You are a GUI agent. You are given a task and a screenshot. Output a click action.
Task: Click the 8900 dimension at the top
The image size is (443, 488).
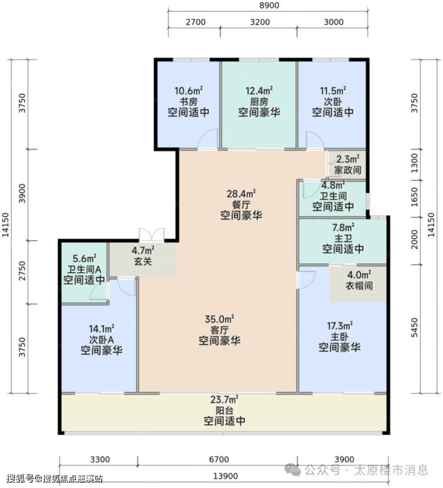point(269,5)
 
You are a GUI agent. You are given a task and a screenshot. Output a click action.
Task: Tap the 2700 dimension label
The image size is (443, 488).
point(196,22)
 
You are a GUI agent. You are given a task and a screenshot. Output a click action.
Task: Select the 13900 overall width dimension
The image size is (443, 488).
point(225,477)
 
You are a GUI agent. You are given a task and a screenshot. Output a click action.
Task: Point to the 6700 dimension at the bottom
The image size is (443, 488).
point(219,460)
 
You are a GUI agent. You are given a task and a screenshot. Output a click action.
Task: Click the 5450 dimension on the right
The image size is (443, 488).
point(414,327)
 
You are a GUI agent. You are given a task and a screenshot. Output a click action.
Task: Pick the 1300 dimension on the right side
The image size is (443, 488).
point(414,163)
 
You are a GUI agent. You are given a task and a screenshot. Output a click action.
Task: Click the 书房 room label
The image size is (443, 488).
point(189,102)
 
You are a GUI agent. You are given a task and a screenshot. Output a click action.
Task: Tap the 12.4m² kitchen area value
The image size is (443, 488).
point(259,91)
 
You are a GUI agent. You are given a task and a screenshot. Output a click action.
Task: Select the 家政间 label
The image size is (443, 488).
point(348,170)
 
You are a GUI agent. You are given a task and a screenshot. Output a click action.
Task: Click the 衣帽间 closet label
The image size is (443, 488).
point(359,285)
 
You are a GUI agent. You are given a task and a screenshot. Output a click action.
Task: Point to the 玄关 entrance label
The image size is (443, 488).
point(143,261)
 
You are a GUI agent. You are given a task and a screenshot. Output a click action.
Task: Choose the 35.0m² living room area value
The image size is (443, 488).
point(220,319)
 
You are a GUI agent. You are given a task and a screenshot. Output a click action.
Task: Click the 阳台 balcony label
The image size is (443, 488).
point(224,410)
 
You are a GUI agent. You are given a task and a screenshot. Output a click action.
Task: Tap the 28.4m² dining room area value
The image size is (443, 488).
point(241,194)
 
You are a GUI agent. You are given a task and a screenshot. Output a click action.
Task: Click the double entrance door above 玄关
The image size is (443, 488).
point(151,234)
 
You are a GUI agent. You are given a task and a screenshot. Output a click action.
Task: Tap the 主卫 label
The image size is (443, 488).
point(343,239)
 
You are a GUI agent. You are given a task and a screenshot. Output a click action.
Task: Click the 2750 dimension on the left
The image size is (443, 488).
point(22,271)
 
